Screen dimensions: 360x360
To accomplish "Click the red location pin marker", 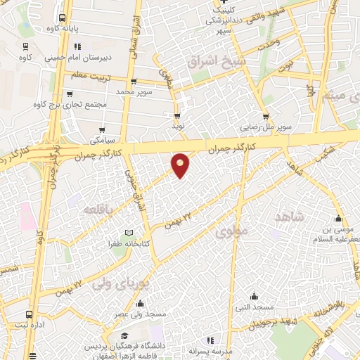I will tap(181, 165).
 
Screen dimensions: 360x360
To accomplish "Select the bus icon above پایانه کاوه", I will tap(62, 18).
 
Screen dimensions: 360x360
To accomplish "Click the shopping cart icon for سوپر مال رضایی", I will tap(266, 117).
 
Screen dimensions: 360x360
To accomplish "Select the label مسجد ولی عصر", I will tap(141, 314).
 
